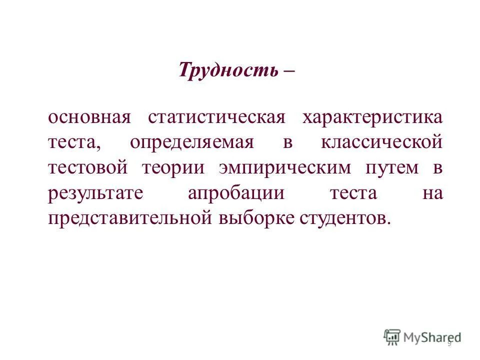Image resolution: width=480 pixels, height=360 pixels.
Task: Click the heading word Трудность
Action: (x=228, y=70)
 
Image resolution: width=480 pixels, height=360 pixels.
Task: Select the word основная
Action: (x=89, y=118)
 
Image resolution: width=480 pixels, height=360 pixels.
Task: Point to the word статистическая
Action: (x=216, y=118)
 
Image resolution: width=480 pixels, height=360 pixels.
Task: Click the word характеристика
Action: (x=372, y=118)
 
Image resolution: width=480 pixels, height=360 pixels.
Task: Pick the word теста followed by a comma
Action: (x=74, y=143)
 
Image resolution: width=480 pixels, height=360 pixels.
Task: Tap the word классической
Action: (x=381, y=143)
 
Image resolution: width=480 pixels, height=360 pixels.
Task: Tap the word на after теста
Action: (x=432, y=193)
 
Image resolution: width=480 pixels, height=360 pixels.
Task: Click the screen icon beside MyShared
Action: (x=392, y=337)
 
